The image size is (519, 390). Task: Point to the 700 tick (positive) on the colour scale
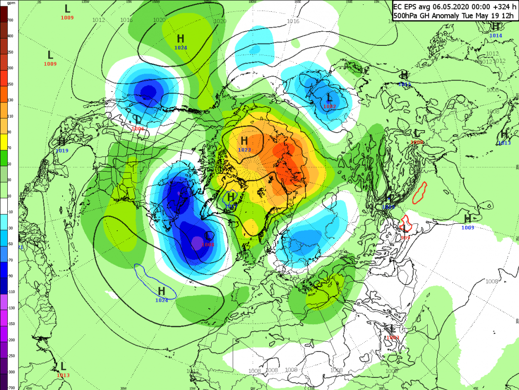10,20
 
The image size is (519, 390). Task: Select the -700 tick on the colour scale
10,387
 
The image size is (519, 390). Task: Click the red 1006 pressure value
138,128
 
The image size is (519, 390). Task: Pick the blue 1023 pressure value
244,150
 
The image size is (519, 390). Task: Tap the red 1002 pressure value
330,106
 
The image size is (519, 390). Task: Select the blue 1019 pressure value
62,151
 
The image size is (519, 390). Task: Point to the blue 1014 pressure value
496,36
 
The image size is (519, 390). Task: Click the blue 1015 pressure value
404,84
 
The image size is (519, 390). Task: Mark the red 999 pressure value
405,237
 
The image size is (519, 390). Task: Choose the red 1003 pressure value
392,337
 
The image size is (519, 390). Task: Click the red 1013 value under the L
63,375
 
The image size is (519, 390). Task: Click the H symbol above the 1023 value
244,141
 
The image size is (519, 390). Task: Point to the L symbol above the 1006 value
138,119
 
